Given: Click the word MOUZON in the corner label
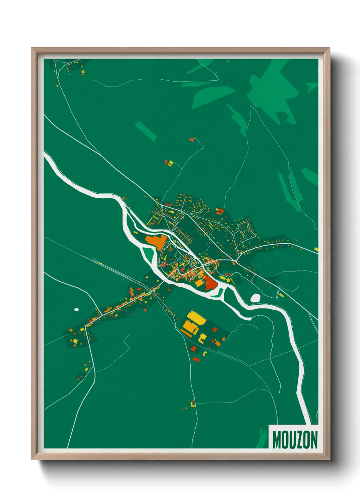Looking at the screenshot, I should (295, 440).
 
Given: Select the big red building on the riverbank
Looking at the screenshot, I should (210, 283).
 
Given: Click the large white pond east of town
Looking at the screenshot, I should (255, 298).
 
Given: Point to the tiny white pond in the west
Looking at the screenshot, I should (76, 310).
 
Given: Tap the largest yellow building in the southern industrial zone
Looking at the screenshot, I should (196, 317).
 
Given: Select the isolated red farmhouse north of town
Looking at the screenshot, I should (193, 139).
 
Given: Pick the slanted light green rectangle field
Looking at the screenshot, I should (146, 130).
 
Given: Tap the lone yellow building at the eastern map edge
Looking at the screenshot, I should (316, 249).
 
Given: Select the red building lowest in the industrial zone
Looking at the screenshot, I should (196, 359).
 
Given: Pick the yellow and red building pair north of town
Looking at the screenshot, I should (169, 163).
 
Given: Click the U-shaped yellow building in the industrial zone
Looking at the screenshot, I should (203, 337).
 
